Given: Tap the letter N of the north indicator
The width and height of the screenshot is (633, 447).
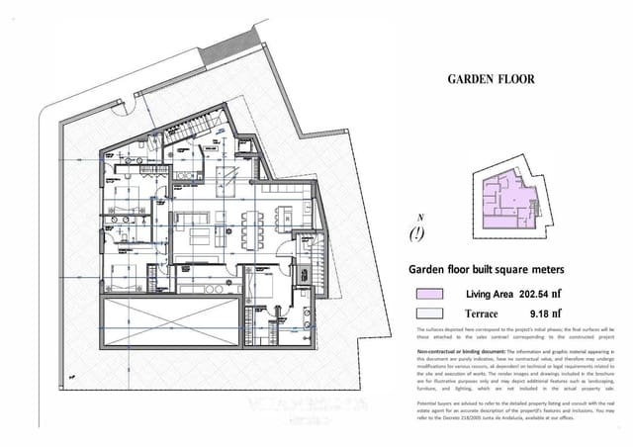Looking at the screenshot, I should (x=421, y=218).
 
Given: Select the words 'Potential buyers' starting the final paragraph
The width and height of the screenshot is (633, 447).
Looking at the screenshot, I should (x=435, y=401).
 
